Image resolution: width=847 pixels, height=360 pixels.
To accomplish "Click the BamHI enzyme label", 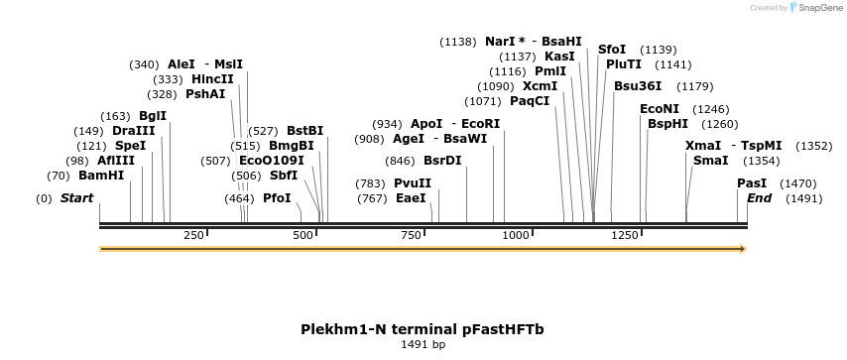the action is coord(101,176).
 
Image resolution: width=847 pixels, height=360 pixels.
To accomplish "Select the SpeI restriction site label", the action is coord(130,146).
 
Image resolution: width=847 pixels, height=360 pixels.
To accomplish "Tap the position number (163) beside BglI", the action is coord(116,116).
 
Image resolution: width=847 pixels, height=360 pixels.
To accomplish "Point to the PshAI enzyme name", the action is coord(205,94).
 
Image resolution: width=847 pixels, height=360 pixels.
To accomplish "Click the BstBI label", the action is coord(304,131).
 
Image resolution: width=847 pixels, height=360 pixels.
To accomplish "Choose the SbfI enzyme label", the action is coord(284,176).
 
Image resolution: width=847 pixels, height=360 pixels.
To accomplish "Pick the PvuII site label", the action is coord(413,183).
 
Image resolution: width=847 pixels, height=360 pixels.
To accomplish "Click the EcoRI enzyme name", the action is coord(480,124).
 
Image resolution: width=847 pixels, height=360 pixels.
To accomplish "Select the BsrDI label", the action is coord(442,161).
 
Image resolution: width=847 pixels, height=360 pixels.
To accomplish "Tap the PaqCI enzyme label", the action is coord(530,101).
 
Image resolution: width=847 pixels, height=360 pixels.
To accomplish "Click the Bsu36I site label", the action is coord(638,86).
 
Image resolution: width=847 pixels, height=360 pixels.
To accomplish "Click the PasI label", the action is coord(752,183).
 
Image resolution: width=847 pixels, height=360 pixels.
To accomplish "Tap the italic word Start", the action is coord(76,197).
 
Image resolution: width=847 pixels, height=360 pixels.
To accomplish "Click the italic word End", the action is coord(759,198).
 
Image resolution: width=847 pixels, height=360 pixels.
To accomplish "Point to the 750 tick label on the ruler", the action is coord(411,235).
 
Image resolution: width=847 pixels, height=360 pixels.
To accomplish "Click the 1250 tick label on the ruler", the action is coord(625,235).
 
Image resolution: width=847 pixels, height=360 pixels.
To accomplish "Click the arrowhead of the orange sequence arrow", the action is coord(743,249).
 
